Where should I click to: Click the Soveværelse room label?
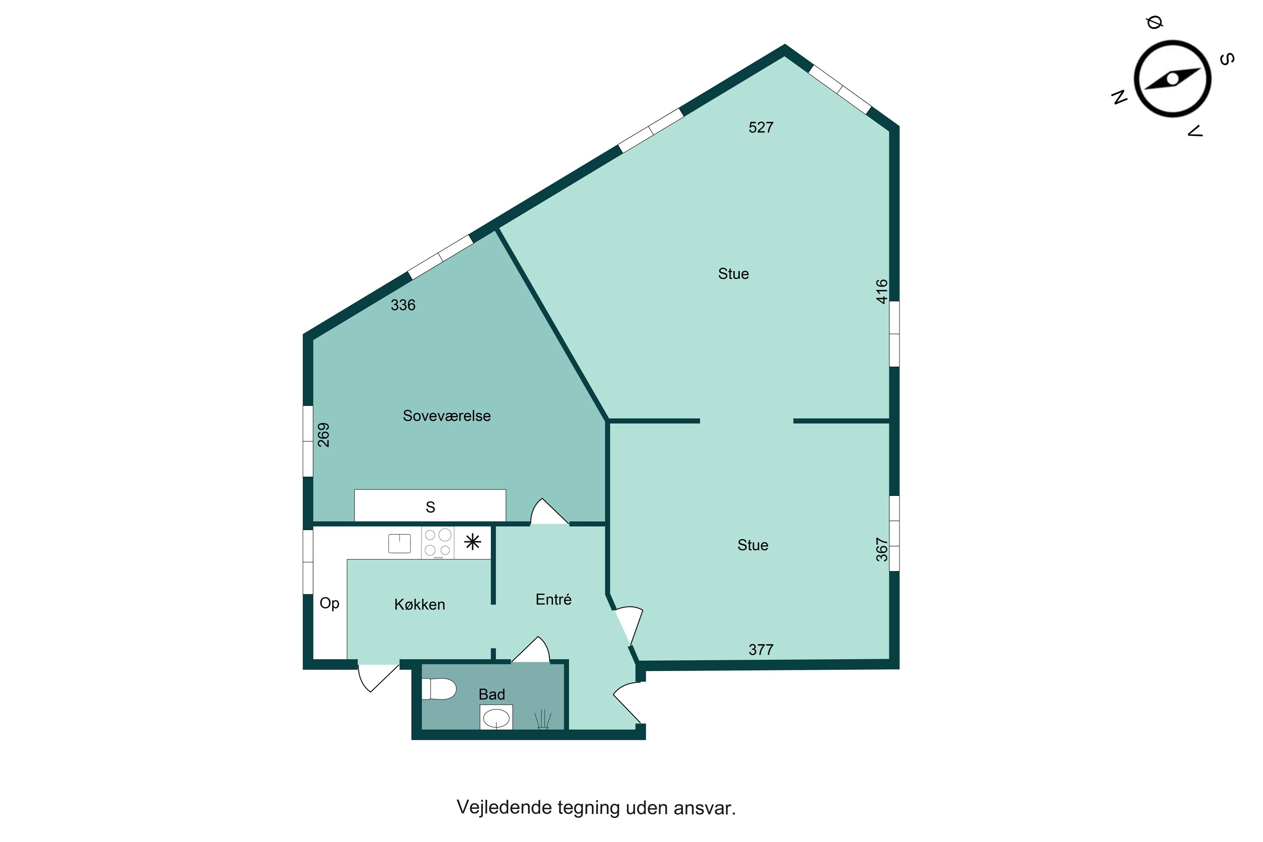446,416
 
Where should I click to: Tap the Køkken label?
419,605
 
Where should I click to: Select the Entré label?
553,599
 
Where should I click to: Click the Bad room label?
491,694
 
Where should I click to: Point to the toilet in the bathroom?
439,689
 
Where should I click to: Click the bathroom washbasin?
496,717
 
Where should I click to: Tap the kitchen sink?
399,544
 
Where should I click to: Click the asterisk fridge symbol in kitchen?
472,542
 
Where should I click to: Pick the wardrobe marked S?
429,506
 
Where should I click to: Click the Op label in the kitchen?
329,603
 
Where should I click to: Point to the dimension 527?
760,127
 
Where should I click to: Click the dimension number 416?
882,292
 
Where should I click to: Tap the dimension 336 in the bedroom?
403,305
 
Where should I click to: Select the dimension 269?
323,435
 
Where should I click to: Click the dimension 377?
760,650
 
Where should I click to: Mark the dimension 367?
882,550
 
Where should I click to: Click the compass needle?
1172,79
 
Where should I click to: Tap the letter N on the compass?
1119,97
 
